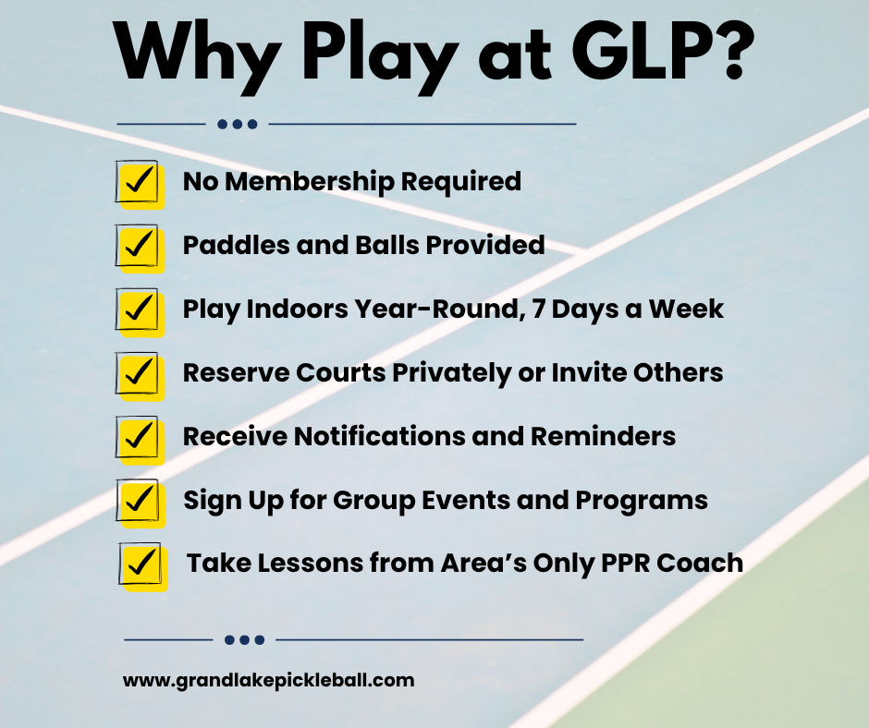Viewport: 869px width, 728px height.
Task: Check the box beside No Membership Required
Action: click(x=140, y=185)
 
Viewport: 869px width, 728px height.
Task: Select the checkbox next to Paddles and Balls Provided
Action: click(x=140, y=249)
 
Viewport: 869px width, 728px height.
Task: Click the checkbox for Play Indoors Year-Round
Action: click(x=140, y=312)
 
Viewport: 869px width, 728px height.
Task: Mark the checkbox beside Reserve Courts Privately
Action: click(x=140, y=376)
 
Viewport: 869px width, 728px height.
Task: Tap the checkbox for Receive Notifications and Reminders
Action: click(x=140, y=440)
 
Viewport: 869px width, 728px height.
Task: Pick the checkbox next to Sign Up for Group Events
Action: click(x=141, y=504)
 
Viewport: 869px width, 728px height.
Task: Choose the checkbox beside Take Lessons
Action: click(x=142, y=566)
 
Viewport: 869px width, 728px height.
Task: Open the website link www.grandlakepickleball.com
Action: click(x=269, y=681)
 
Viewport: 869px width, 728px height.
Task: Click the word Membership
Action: click(x=310, y=181)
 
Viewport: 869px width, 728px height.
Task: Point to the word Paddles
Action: click(x=236, y=245)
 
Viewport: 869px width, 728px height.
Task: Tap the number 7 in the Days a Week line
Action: click(x=538, y=309)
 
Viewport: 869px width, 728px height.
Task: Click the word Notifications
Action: click(x=380, y=437)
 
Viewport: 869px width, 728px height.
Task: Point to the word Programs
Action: click(x=642, y=502)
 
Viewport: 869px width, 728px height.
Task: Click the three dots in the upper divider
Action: click(x=238, y=124)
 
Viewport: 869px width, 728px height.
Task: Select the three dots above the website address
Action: click(x=244, y=640)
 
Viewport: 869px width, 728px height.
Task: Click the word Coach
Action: click(x=700, y=564)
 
